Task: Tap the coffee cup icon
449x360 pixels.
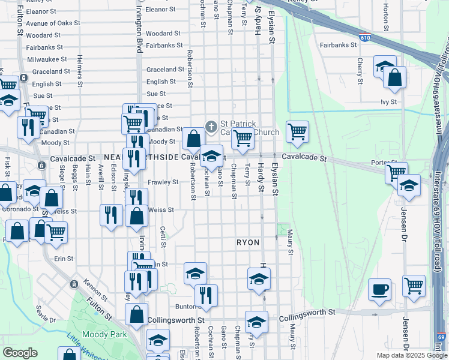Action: (x=379, y=290)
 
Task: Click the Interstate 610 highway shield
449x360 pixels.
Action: (x=365, y=37)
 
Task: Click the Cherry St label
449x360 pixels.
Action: (x=360, y=71)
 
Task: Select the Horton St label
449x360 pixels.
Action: (x=386, y=16)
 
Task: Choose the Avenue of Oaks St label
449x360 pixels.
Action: (x=53, y=23)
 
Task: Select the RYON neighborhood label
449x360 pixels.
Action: (x=247, y=242)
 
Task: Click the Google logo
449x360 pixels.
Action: (x=20, y=353)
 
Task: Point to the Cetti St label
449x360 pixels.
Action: (x=163, y=236)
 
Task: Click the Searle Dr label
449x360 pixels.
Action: (x=46, y=312)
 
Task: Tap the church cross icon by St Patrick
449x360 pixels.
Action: (x=211, y=127)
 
